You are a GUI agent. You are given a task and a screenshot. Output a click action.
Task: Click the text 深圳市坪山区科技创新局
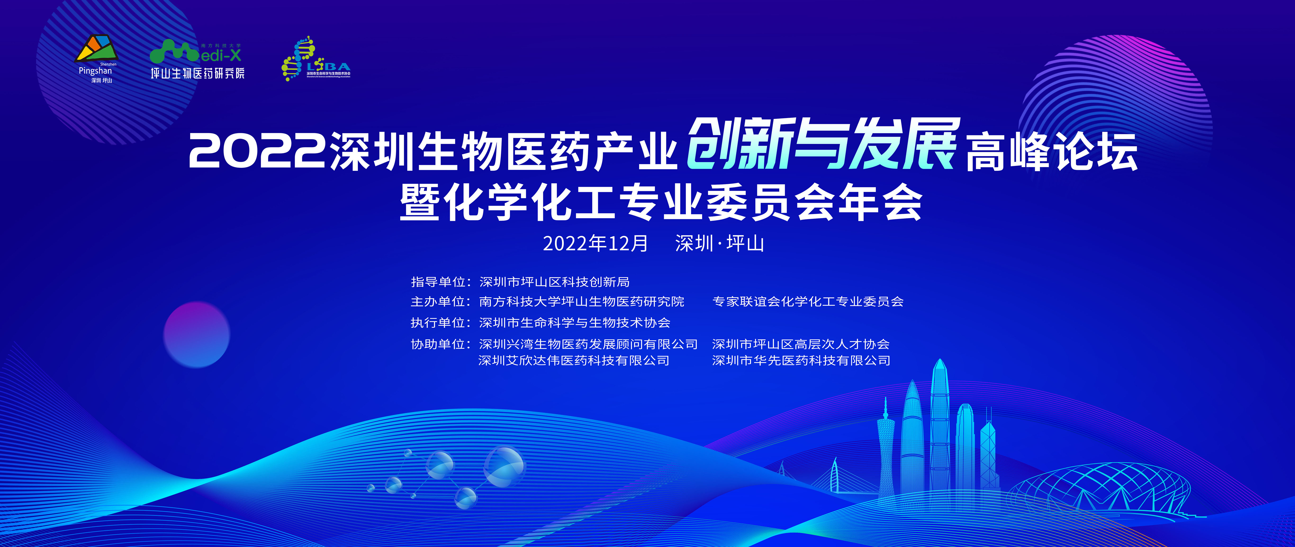pyautogui.click(x=555, y=282)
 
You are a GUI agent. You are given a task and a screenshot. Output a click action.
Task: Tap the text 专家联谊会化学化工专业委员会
pyautogui.click(x=808, y=302)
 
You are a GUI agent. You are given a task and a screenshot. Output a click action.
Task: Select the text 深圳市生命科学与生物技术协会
pyautogui.click(x=575, y=323)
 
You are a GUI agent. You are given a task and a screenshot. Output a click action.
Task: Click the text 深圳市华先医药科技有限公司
pyautogui.click(x=801, y=360)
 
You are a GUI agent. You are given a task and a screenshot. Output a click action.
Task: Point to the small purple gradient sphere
pyautogui.click(x=197, y=334)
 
